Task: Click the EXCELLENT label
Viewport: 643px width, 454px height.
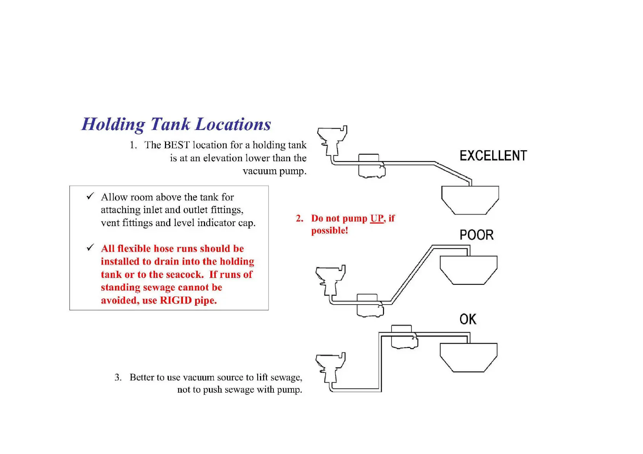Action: point(493,156)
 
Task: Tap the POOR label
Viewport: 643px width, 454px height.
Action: point(476,235)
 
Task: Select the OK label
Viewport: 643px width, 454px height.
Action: point(468,319)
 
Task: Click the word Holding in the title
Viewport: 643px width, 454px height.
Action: point(113,125)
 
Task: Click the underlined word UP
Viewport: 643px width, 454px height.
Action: point(376,218)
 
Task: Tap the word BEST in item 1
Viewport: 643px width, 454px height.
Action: point(177,145)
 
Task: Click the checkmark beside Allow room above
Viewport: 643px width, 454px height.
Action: point(90,196)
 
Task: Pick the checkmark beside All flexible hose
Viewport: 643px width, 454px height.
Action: point(90,248)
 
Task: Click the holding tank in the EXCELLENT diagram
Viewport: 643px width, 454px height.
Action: point(470,200)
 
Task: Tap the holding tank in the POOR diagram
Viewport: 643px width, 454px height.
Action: point(469,270)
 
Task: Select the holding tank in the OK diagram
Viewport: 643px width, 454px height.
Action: point(469,357)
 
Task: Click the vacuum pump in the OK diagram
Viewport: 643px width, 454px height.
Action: point(404,337)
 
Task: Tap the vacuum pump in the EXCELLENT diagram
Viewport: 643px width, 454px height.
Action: point(371,166)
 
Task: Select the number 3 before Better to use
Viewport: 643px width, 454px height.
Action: point(118,377)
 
